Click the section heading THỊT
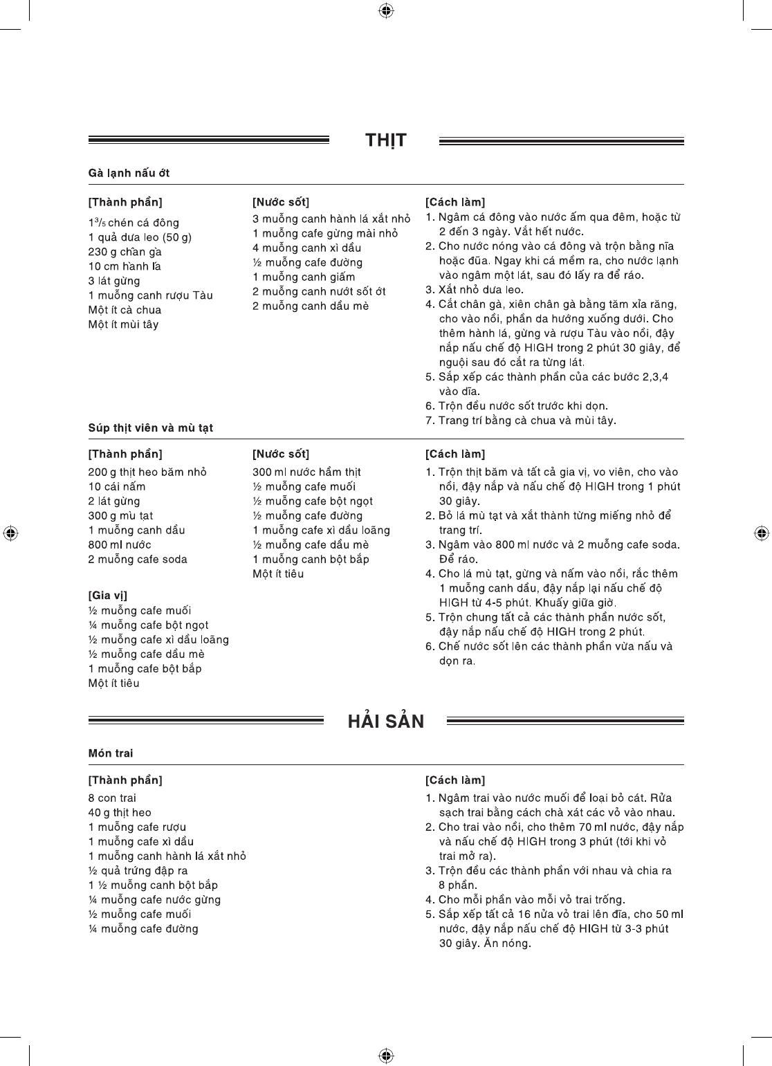385,141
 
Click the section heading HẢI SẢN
385,722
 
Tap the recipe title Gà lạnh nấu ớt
129,173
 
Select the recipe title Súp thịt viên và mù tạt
150,428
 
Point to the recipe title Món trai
111,753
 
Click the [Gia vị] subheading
107,595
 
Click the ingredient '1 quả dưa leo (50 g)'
140,237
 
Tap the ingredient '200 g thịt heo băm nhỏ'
147,472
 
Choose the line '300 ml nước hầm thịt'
306,472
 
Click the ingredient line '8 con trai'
112,798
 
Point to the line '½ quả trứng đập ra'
138,870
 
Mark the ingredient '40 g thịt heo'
119,812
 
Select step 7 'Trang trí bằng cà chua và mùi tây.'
520,421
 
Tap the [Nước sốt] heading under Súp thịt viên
280,454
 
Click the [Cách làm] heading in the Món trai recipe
454,780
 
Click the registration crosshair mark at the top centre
387,10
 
